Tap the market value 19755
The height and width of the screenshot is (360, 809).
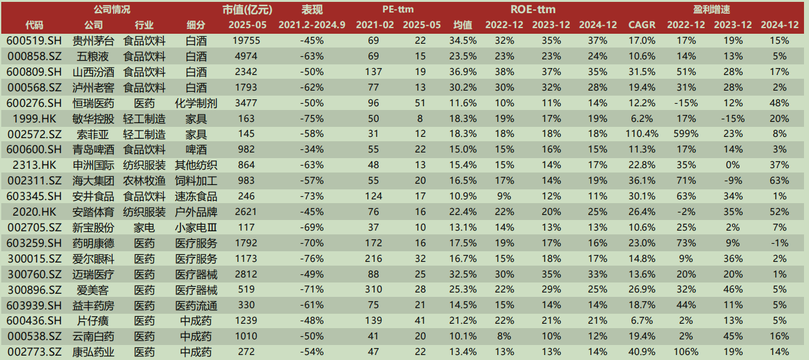point(246,41)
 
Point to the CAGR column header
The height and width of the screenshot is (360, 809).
point(642,25)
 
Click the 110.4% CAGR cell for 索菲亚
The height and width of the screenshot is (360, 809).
point(642,134)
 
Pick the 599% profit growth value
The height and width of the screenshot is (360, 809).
point(685,134)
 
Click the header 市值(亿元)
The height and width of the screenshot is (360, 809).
point(246,9)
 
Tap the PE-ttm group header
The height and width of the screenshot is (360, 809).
point(398,9)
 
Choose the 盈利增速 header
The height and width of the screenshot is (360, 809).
point(729,9)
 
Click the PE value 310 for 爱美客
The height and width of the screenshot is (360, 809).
point(374,290)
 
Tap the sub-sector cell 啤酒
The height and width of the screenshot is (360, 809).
point(196,149)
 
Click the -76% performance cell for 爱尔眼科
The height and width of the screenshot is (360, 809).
point(311,259)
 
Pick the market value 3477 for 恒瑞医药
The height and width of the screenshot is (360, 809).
point(246,102)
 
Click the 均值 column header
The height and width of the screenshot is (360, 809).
point(462,25)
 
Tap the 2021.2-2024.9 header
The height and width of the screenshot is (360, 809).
point(311,25)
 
